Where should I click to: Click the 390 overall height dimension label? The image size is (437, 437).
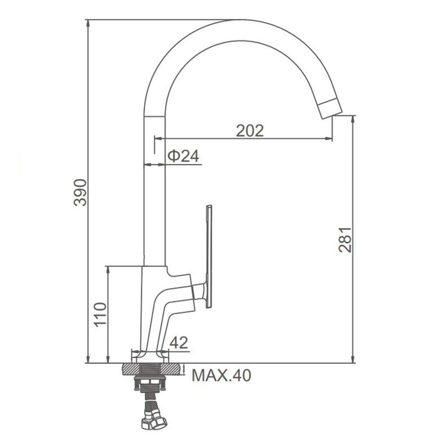click(x=80, y=192)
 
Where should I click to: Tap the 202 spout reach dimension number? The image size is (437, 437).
click(x=250, y=130)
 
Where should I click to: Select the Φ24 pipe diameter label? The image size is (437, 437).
click(x=184, y=156)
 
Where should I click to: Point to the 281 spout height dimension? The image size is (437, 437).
click(x=345, y=239)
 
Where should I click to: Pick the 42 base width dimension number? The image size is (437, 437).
click(x=179, y=343)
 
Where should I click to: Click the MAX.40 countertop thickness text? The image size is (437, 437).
click(x=222, y=375)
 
